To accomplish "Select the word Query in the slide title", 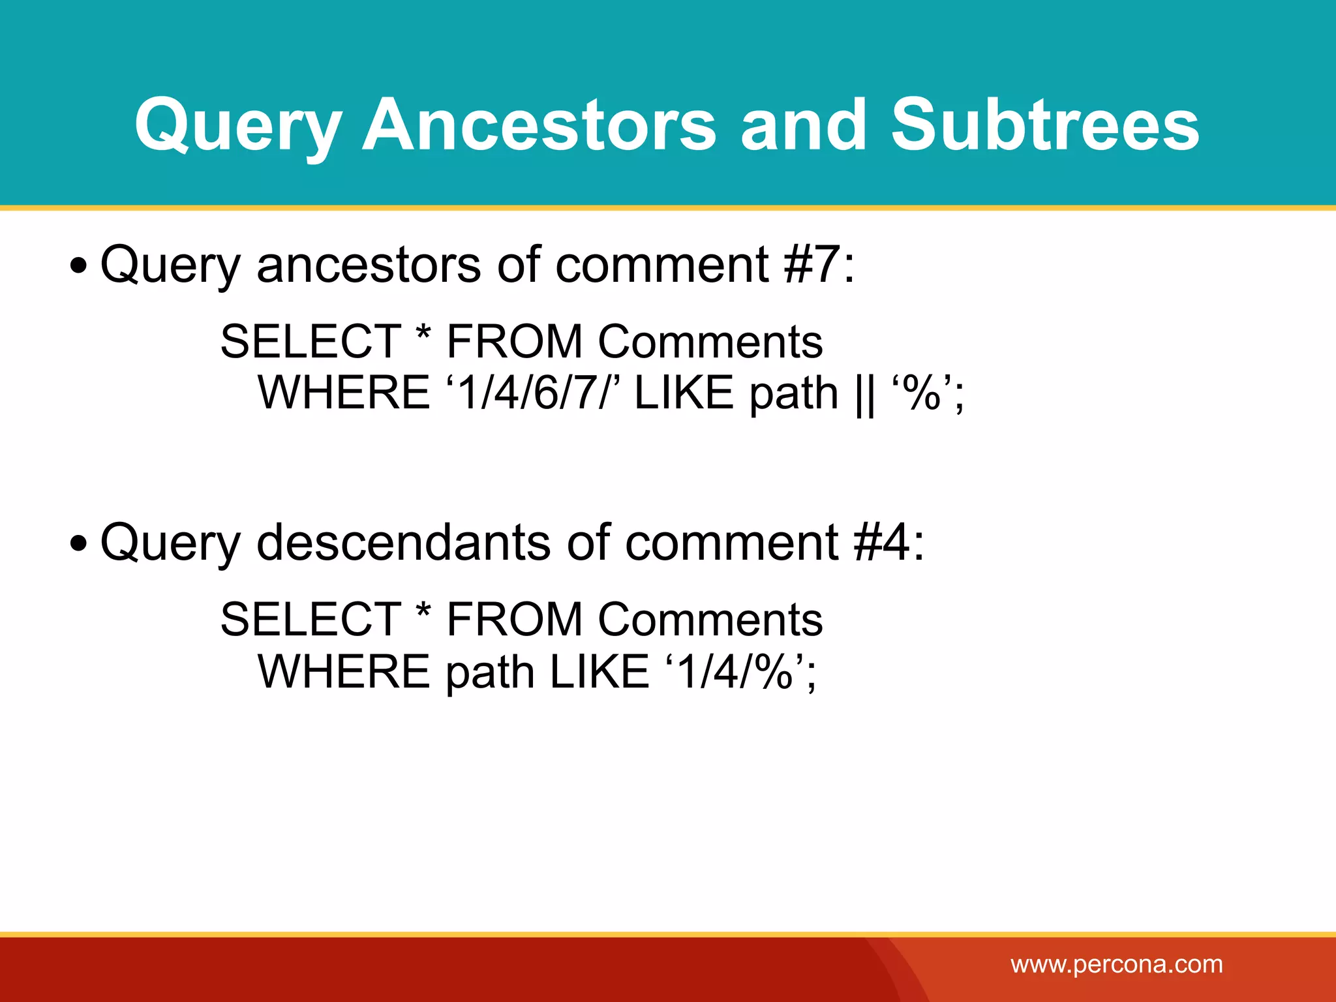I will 238,125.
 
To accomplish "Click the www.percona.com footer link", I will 1117,964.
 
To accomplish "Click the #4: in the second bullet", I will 888,542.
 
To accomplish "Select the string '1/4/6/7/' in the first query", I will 532,393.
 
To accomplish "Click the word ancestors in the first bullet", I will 369,266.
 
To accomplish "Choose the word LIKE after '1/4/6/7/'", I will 684,393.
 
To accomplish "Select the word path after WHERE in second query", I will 490,672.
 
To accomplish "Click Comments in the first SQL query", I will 710,341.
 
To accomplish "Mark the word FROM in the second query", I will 514,619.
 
